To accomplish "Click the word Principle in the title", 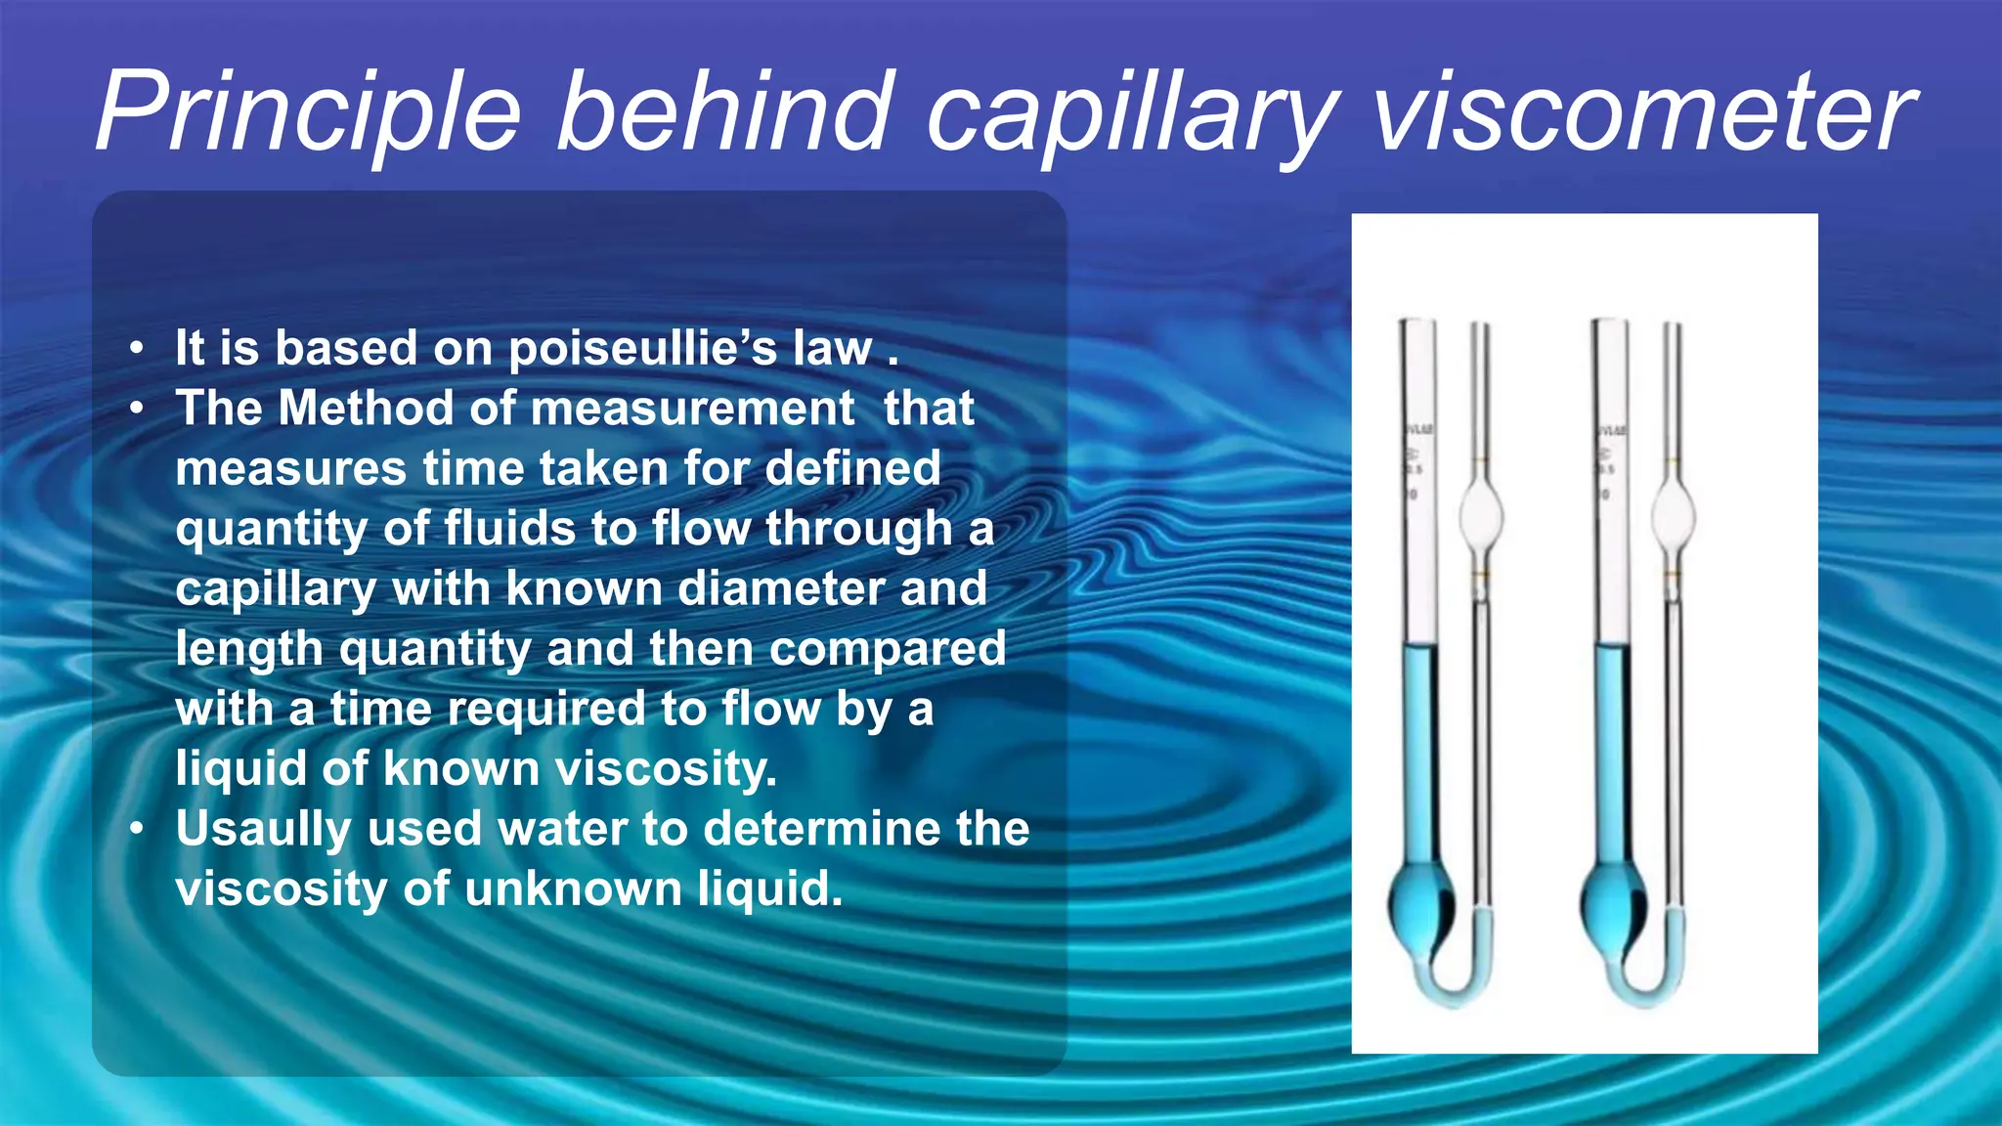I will [x=308, y=112].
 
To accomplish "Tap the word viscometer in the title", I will [x=1642, y=112].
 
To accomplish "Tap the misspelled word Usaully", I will [x=263, y=830].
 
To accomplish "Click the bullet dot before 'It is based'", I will [x=138, y=349].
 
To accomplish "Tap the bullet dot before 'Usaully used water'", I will [x=138, y=829].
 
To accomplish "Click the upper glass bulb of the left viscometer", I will [x=1480, y=514].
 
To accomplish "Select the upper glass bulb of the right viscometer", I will [x=1673, y=514].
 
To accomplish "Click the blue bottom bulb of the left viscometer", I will [x=1420, y=904].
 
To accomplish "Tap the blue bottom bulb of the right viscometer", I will [x=1613, y=904].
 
